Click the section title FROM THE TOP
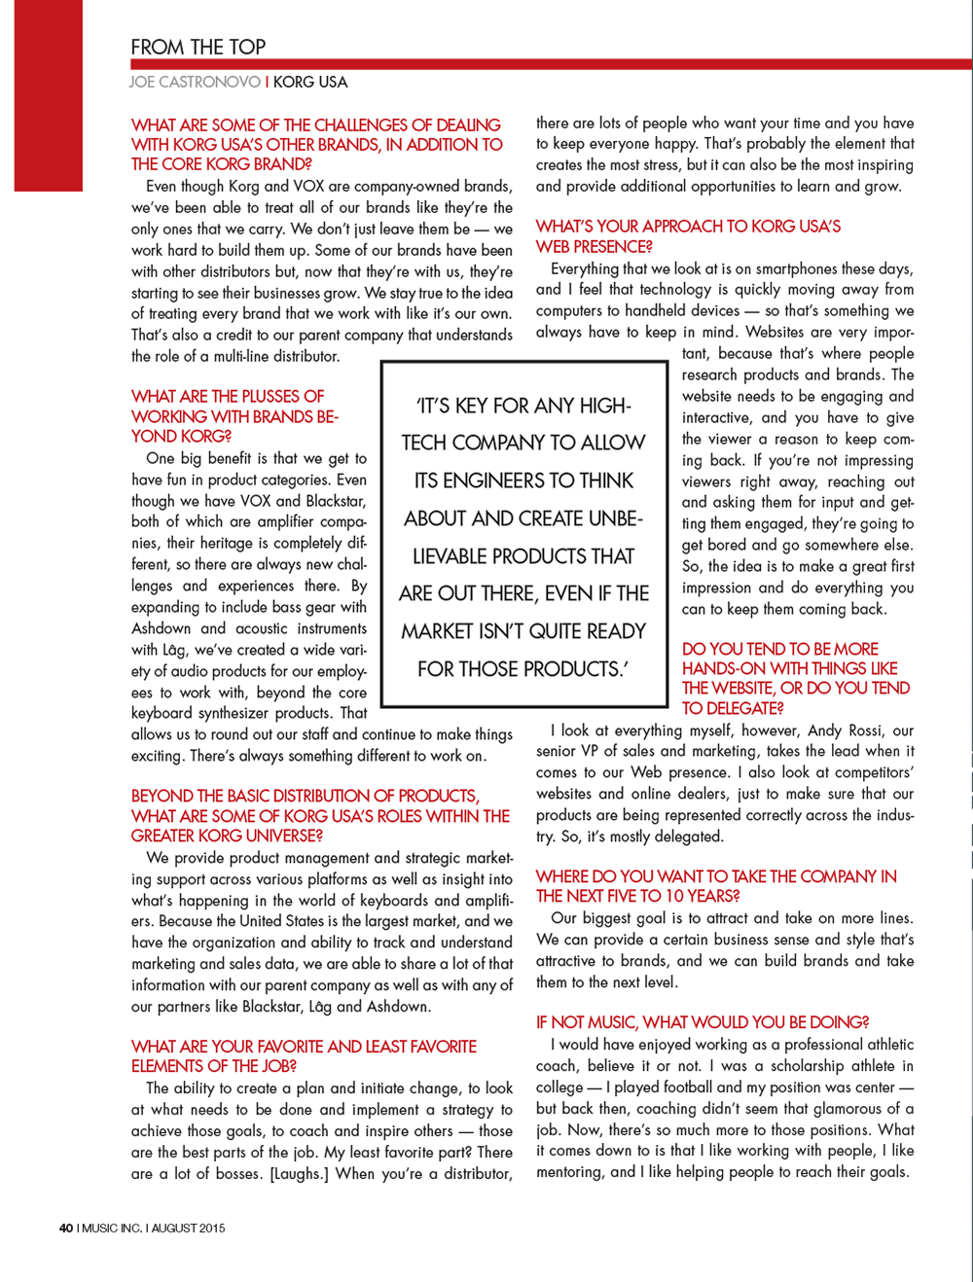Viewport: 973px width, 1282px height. tap(198, 47)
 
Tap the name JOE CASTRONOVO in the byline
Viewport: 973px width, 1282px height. tap(195, 83)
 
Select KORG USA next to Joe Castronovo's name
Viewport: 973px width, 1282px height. tap(310, 83)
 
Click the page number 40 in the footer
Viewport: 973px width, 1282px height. tap(66, 1229)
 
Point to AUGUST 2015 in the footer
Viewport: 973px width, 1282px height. tap(188, 1229)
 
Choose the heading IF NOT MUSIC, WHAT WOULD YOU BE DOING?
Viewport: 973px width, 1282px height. tap(703, 1022)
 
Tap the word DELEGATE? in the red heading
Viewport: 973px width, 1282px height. tap(733, 708)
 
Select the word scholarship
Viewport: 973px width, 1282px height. tap(811, 1066)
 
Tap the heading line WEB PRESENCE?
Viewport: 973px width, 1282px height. tap(594, 247)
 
